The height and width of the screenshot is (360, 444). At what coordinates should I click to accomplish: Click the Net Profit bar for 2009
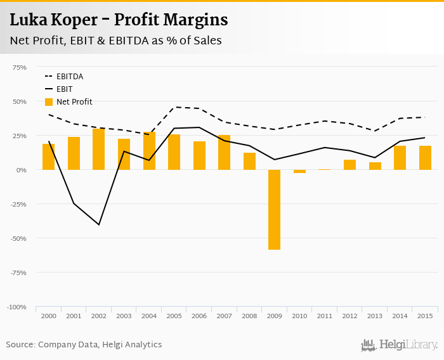pyautogui.click(x=274, y=210)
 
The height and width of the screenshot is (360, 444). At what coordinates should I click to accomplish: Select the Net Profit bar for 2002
pyautogui.click(x=98, y=150)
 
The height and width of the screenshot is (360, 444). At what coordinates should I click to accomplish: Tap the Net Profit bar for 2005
pyautogui.click(x=174, y=152)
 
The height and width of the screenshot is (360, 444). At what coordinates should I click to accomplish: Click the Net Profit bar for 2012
pyautogui.click(x=349, y=165)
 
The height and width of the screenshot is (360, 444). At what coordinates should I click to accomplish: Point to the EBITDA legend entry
pyautogui.click(x=69, y=77)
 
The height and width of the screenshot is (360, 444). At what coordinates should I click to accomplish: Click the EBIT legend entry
pyautogui.click(x=64, y=89)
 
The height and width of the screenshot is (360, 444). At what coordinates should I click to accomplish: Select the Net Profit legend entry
pyautogui.click(x=74, y=101)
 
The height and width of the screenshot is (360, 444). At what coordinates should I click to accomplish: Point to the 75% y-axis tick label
pyautogui.click(x=19, y=67)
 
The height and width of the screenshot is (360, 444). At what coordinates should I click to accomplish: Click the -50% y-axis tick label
pyautogui.click(x=18, y=238)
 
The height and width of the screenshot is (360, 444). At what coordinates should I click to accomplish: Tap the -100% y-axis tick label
pyautogui.click(x=16, y=307)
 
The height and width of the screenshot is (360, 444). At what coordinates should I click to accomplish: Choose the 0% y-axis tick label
pyautogui.click(x=22, y=170)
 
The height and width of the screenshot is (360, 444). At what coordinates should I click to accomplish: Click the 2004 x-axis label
pyautogui.click(x=149, y=316)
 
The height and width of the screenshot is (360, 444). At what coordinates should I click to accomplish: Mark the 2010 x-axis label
pyautogui.click(x=299, y=316)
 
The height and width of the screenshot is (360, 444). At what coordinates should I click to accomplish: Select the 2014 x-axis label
pyautogui.click(x=400, y=316)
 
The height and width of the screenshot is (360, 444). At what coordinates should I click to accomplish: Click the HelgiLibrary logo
pyautogui.click(x=400, y=345)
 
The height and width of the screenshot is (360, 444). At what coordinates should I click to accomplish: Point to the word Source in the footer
pyautogui.click(x=20, y=345)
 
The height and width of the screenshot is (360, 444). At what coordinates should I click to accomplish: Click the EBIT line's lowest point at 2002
pyautogui.click(x=99, y=224)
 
